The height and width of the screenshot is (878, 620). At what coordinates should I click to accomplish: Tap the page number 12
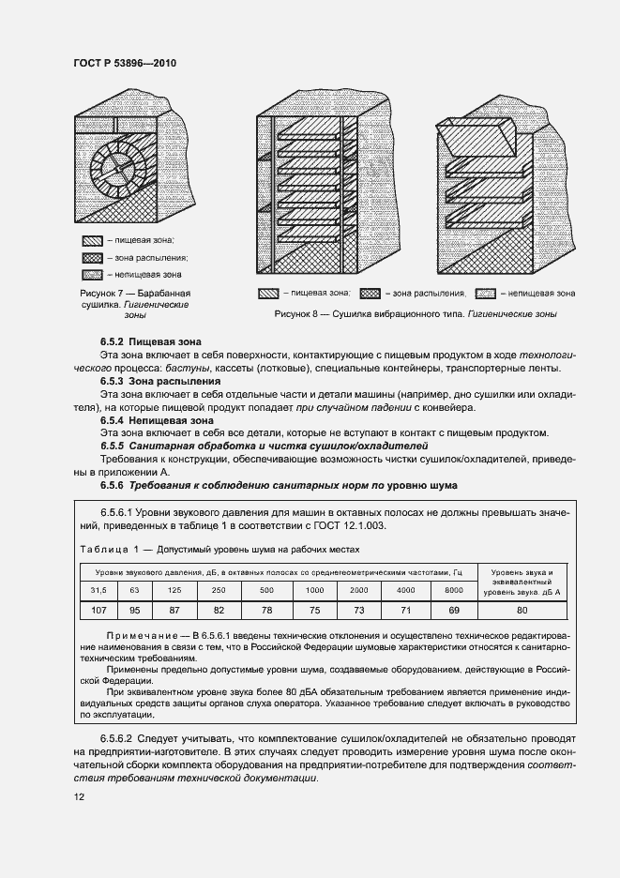coord(78,796)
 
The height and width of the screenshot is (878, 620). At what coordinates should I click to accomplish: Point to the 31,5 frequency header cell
coord(98,589)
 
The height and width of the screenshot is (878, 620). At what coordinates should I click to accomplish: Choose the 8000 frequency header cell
coord(453,589)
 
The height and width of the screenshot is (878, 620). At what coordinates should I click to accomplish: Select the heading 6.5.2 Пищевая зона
coord(150,343)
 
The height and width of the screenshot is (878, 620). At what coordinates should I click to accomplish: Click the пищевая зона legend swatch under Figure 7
coord(92,240)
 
